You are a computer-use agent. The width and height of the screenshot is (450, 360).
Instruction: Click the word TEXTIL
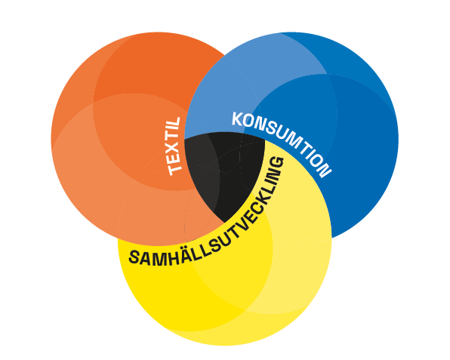click(x=174, y=146)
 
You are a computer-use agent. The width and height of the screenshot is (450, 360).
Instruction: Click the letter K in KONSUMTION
click(x=237, y=119)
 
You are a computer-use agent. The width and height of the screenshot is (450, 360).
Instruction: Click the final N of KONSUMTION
click(x=325, y=171)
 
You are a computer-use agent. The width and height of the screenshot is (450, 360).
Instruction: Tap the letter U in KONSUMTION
click(x=282, y=133)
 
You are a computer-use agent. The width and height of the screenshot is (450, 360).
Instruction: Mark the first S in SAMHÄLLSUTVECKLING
click(x=135, y=257)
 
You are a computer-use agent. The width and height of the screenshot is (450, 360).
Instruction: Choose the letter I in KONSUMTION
click(x=308, y=151)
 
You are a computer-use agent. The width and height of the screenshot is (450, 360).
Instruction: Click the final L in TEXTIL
click(x=174, y=123)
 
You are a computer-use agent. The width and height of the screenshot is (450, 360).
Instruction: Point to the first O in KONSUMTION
click(x=248, y=122)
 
